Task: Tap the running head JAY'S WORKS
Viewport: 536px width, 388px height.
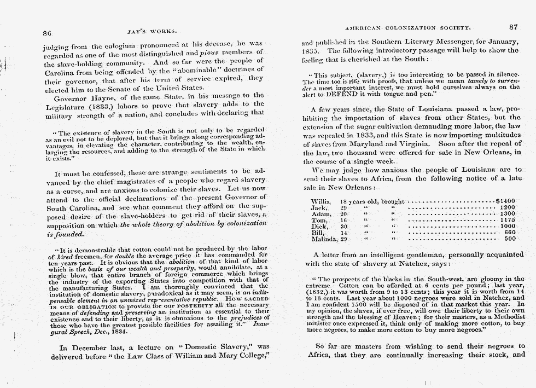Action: pos(142,31)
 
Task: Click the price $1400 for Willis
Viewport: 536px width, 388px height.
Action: pos(505,201)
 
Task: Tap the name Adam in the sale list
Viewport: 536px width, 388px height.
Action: pos(320,214)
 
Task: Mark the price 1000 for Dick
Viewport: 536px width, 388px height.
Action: pos(508,226)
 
